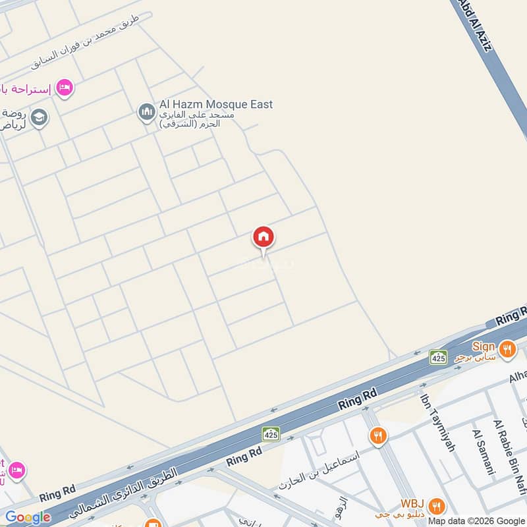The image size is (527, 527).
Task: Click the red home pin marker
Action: point(263,238)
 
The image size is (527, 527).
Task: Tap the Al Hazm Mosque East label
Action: point(215,104)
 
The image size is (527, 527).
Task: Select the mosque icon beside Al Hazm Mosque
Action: point(146,113)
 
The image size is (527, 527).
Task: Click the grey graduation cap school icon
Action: point(39,118)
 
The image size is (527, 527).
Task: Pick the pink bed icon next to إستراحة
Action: point(64,87)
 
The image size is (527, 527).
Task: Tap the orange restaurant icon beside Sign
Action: point(507,348)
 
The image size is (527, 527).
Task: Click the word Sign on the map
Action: point(483,347)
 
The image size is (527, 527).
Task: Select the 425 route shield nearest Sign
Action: point(439,357)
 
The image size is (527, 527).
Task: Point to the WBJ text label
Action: point(414,503)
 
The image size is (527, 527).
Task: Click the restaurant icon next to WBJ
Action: point(435,506)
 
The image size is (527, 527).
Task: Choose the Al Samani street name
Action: point(484,451)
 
